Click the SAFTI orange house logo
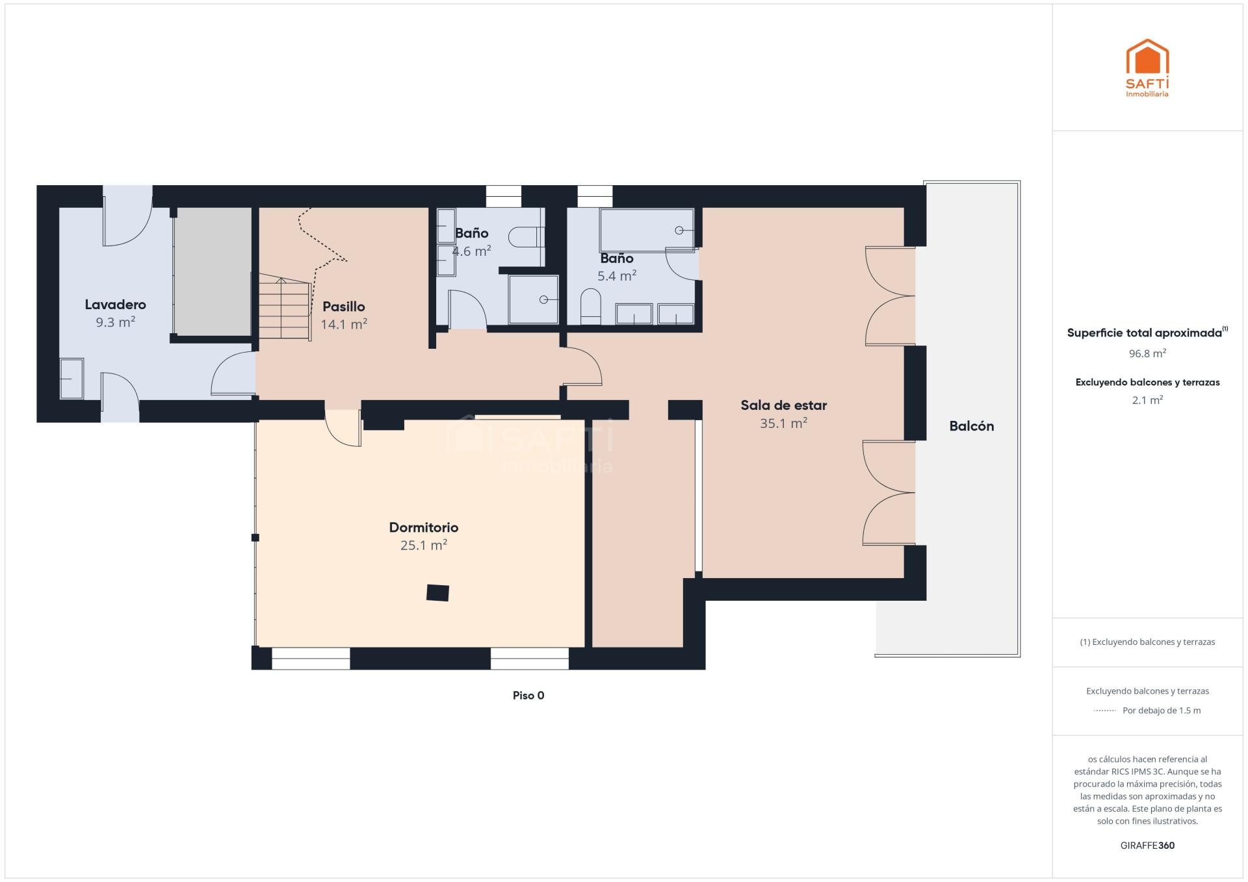click(x=1147, y=57)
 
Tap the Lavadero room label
click(x=116, y=304)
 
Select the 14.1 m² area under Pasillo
click(x=344, y=323)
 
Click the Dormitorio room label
click(x=424, y=527)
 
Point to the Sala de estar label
click(x=784, y=405)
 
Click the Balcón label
click(x=972, y=426)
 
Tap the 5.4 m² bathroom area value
click(x=617, y=275)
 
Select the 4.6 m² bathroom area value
click(x=472, y=251)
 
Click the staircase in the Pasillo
click(x=285, y=306)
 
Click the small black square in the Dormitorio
click(x=437, y=593)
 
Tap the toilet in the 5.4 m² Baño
click(x=590, y=307)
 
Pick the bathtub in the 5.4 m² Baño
click(x=647, y=230)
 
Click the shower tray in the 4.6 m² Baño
click(x=534, y=299)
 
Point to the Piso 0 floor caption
click(x=528, y=696)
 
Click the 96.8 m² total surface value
click(x=1147, y=353)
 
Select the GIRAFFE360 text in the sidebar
click(x=1147, y=846)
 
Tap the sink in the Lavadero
click(x=71, y=378)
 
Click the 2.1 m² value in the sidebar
click(x=1147, y=400)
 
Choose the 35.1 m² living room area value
click(x=784, y=423)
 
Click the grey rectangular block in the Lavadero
click(x=213, y=271)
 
